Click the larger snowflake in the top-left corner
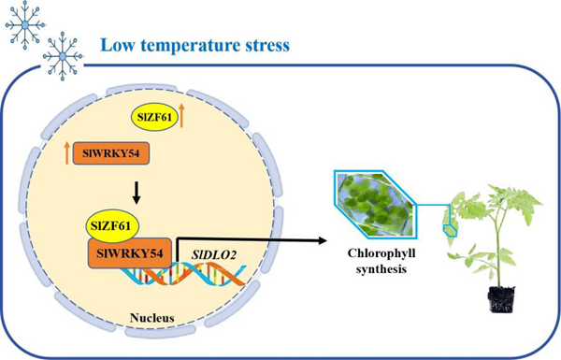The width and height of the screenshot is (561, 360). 23,23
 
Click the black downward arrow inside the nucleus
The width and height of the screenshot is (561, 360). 136,191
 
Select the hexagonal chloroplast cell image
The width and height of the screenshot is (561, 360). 373,208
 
